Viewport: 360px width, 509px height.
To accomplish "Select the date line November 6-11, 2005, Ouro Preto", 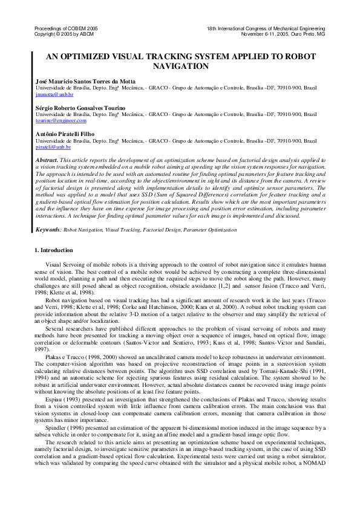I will pyautogui.click(x=283, y=34).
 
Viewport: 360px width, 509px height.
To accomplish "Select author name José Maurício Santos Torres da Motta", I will pyautogui.click(x=85, y=81).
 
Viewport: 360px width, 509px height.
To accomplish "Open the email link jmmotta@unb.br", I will pyautogui.click(x=54, y=95).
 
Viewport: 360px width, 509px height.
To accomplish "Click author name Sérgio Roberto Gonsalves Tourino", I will pyautogui.click(x=80, y=108).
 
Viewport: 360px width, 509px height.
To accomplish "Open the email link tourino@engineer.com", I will pyautogui.click(x=61, y=122).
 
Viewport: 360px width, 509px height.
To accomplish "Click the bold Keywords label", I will pyautogui.click(x=48, y=230).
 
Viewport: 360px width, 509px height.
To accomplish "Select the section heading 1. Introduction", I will pyautogui.click(x=54, y=250).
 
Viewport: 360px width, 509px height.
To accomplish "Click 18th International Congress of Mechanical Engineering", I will pyautogui.click(x=266, y=29).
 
